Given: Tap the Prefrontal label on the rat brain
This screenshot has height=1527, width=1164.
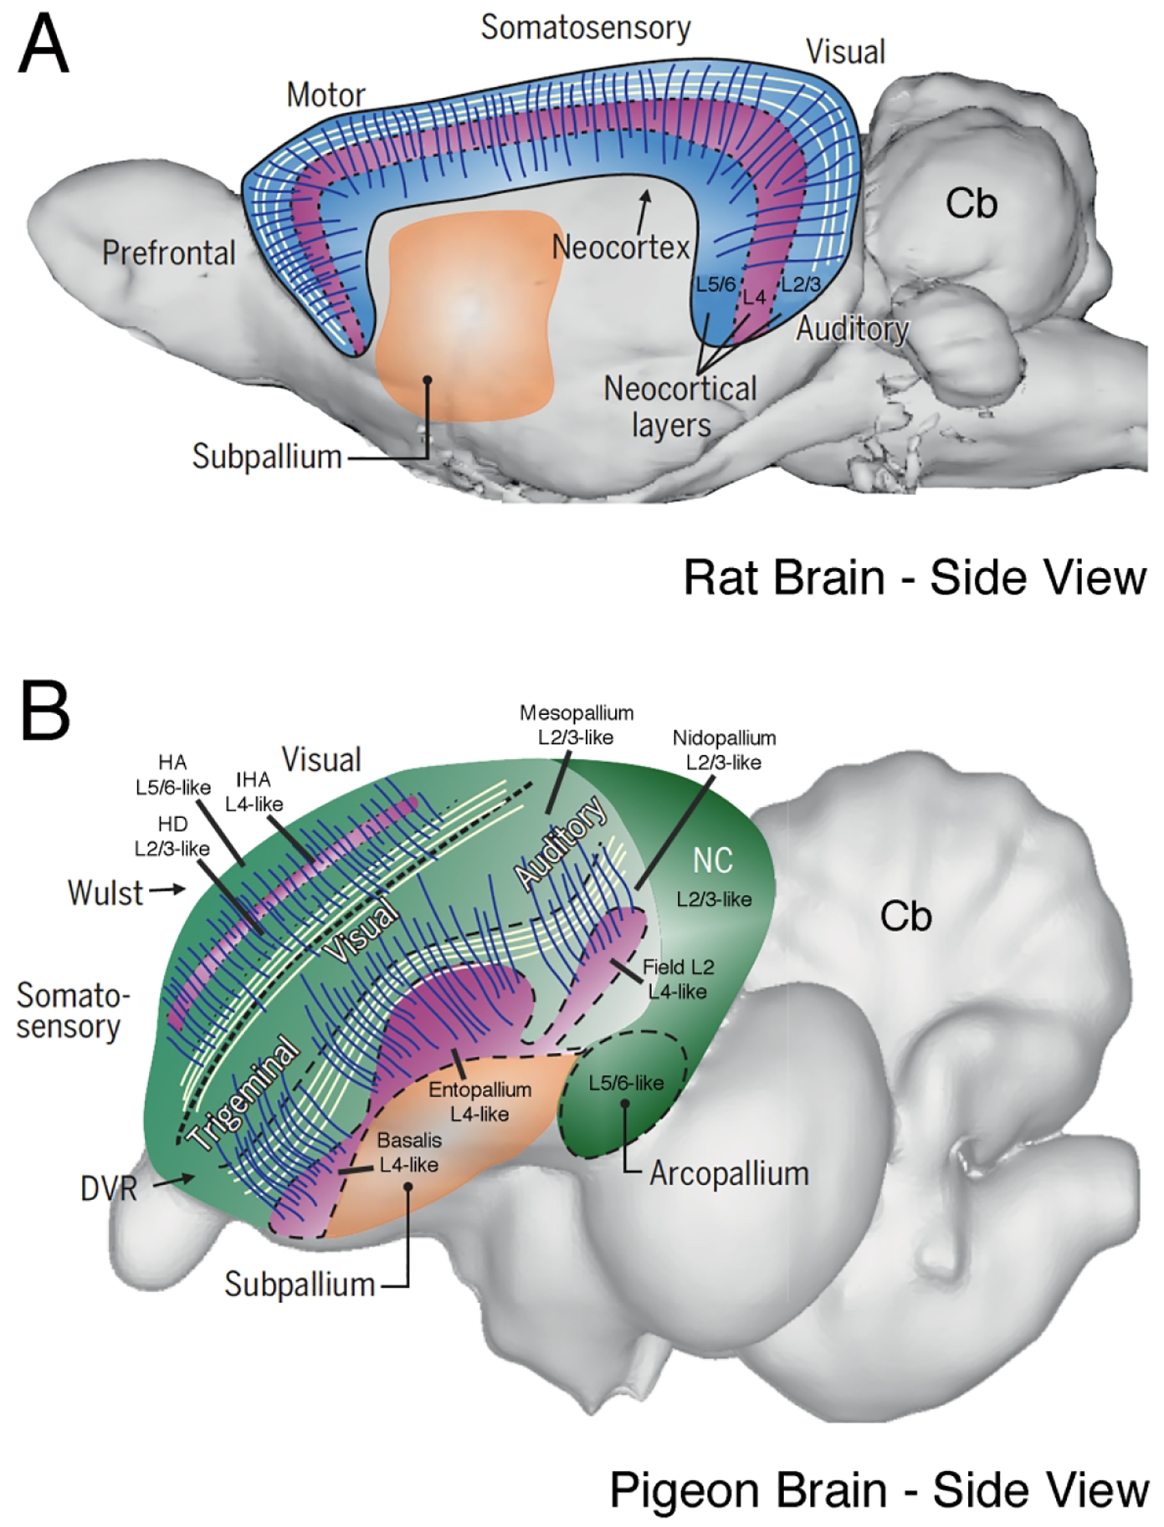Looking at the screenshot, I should (x=168, y=254).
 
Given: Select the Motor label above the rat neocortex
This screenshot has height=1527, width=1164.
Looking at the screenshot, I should (x=326, y=96).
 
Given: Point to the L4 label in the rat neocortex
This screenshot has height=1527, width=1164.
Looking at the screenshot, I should (x=754, y=297).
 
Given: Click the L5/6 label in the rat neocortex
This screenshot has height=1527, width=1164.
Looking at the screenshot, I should (x=716, y=285).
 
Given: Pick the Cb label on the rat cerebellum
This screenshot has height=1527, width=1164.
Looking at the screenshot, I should (x=971, y=204).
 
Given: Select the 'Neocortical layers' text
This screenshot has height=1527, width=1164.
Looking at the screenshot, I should (x=679, y=406).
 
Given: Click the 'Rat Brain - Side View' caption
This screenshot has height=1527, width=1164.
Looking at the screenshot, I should (x=915, y=579).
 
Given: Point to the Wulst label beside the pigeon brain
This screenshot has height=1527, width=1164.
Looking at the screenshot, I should (x=105, y=893).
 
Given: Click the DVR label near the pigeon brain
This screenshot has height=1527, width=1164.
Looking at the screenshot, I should (x=109, y=1189).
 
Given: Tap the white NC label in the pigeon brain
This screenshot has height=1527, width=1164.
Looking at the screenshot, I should (x=712, y=861).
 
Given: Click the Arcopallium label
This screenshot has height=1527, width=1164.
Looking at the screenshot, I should (x=728, y=1174).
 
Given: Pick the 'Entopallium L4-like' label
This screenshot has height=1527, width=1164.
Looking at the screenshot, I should (x=480, y=1102).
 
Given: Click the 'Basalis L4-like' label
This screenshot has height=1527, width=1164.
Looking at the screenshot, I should (x=409, y=1153).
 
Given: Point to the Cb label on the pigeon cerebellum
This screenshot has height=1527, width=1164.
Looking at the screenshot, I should (x=906, y=916).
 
